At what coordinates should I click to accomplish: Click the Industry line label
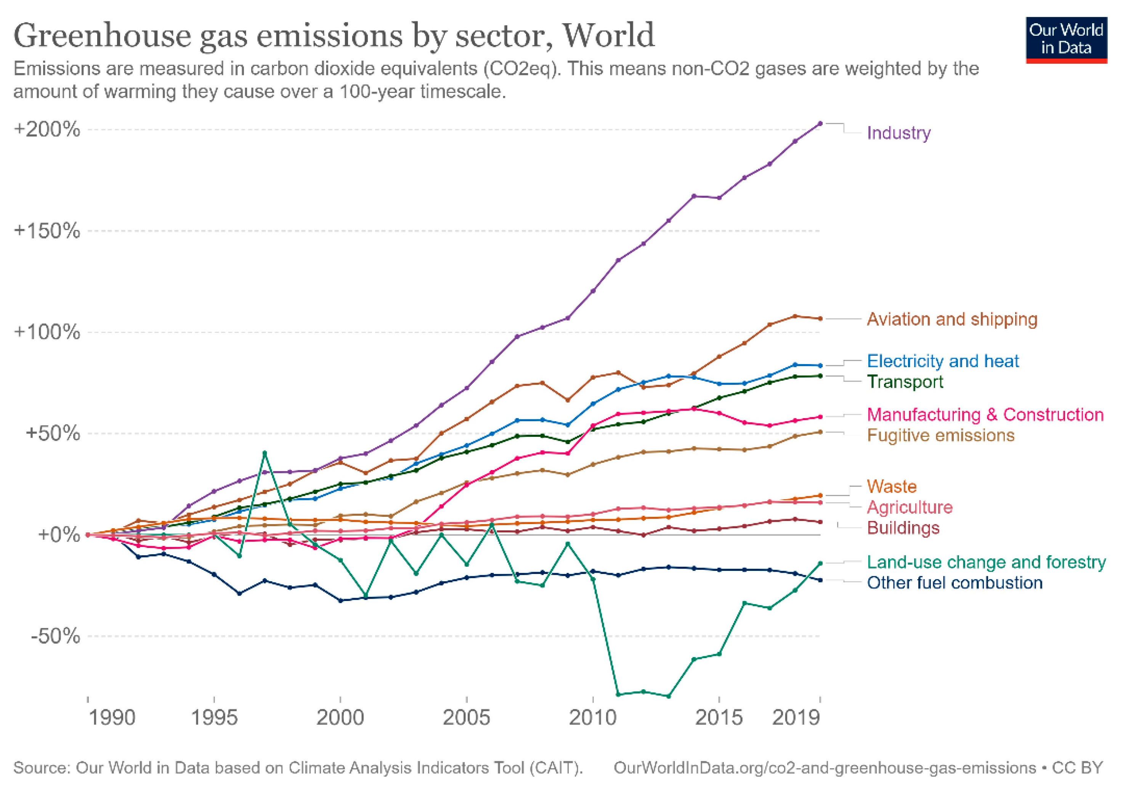pos(898,133)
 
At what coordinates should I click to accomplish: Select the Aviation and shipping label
pos(952,319)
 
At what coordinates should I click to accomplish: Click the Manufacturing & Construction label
pos(985,414)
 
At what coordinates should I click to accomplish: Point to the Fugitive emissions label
pos(940,435)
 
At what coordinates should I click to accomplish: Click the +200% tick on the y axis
pos(47,130)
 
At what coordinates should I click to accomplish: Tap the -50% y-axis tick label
pos(55,636)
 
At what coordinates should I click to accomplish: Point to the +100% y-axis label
pos(47,332)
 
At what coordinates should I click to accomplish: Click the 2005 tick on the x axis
pos(466,718)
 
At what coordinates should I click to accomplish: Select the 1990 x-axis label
pos(112,718)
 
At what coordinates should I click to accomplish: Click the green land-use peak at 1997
pos(265,453)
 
